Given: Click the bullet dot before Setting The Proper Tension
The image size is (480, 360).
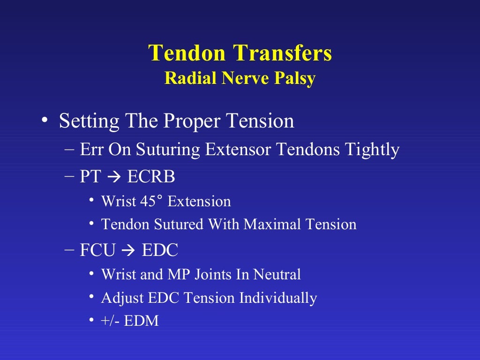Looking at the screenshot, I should coord(44,120).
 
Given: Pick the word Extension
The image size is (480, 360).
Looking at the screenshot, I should coord(199,202).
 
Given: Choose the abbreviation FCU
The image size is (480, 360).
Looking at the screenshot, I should coord(97,250).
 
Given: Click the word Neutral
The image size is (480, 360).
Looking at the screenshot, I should coord(277,274).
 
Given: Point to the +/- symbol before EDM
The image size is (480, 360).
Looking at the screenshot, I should coord(112,321).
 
